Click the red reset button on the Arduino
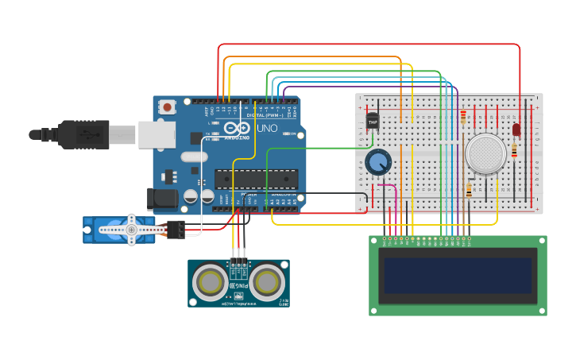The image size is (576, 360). pyautogui.click(x=168, y=106)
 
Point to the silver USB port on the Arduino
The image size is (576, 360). pyautogui.click(x=157, y=134)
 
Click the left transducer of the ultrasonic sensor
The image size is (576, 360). pyautogui.click(x=210, y=282)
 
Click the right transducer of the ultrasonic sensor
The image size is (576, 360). pyautogui.click(x=268, y=282)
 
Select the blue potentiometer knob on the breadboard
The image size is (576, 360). pyautogui.click(x=378, y=161)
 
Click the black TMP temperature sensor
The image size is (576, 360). pyautogui.click(x=373, y=122)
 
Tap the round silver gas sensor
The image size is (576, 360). pyautogui.click(x=485, y=154)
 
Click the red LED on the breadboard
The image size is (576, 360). pyautogui.click(x=516, y=129)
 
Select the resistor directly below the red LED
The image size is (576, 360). pyautogui.click(x=515, y=149)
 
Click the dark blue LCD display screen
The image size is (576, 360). pyautogui.click(x=457, y=276)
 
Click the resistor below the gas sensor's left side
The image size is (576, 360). pyautogui.click(x=469, y=190)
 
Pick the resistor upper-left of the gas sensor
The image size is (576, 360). pyautogui.click(x=463, y=117)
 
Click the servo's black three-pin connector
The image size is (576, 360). pyautogui.click(x=175, y=229)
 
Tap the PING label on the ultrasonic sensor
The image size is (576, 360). pyautogui.click(x=239, y=285)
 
